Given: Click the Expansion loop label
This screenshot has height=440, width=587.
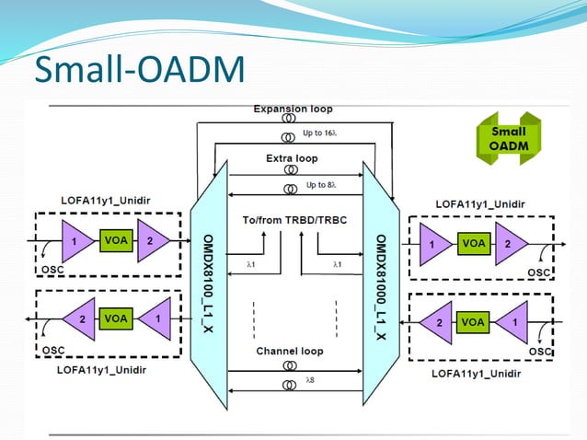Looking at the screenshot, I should pos(293,109).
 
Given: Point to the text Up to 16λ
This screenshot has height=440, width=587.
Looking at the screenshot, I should pos(323,133).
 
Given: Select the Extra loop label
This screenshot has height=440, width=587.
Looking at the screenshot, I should pos(293,158).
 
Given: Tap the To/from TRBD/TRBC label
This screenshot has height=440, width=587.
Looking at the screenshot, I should pos(292,221).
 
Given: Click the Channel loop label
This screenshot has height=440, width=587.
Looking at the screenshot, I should pos(292,352).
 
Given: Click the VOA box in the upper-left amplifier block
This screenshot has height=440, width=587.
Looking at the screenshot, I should pos(115,242).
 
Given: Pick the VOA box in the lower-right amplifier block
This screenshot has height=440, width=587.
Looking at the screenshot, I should pos(473,323).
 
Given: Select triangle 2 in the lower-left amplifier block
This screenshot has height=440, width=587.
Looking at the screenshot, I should pos(81,318).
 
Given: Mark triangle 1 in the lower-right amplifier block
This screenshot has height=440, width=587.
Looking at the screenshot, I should pos(512,323).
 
